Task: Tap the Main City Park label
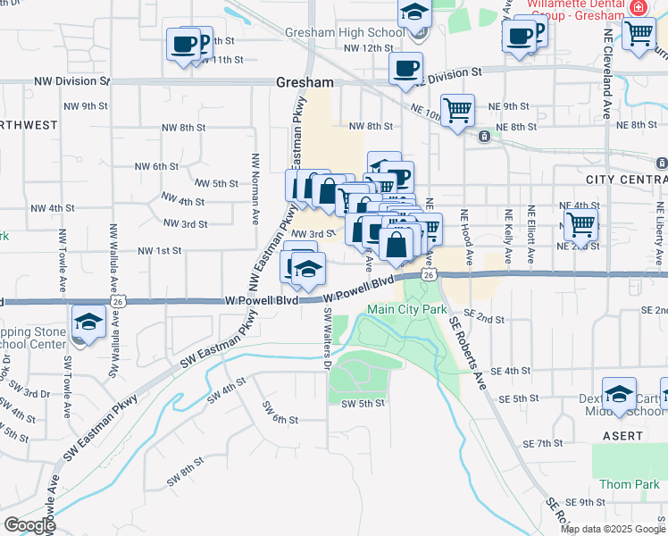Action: (406, 309)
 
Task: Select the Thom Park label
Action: (628, 484)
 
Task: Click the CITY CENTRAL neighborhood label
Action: (626, 180)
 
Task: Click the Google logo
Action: (29, 525)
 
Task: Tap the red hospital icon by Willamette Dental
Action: (637, 7)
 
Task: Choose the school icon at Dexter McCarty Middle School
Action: (619, 395)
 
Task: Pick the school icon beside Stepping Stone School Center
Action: (88, 323)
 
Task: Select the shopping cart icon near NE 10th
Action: (457, 111)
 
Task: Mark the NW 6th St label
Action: (157, 166)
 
